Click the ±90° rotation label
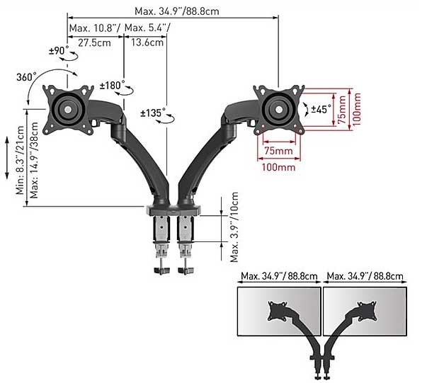(x=59, y=51)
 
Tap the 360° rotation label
(x=26, y=77)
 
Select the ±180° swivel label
(x=112, y=86)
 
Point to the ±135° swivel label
(x=153, y=113)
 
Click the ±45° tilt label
(x=321, y=109)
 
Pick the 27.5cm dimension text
(x=94, y=42)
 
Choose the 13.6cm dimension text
(x=147, y=42)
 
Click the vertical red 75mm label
(x=342, y=110)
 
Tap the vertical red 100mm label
(x=356, y=109)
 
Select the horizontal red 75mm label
(x=278, y=151)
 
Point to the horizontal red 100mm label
(x=278, y=166)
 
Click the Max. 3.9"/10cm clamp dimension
(x=234, y=227)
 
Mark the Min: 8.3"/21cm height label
(x=20, y=160)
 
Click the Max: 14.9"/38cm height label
(x=34, y=160)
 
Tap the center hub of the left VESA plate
(x=68, y=110)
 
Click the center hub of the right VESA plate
(x=279, y=110)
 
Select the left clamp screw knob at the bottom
(x=162, y=271)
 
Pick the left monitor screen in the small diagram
(x=279, y=311)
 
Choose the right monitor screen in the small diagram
(x=365, y=311)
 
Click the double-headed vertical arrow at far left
(x=7, y=158)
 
